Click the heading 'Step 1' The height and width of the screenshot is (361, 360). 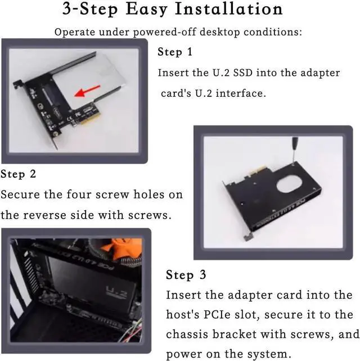175,52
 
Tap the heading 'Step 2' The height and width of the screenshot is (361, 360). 19,174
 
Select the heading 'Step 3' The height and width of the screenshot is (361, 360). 186,275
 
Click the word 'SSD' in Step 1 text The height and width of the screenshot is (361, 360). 273,73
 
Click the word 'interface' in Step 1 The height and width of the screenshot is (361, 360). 241,93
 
